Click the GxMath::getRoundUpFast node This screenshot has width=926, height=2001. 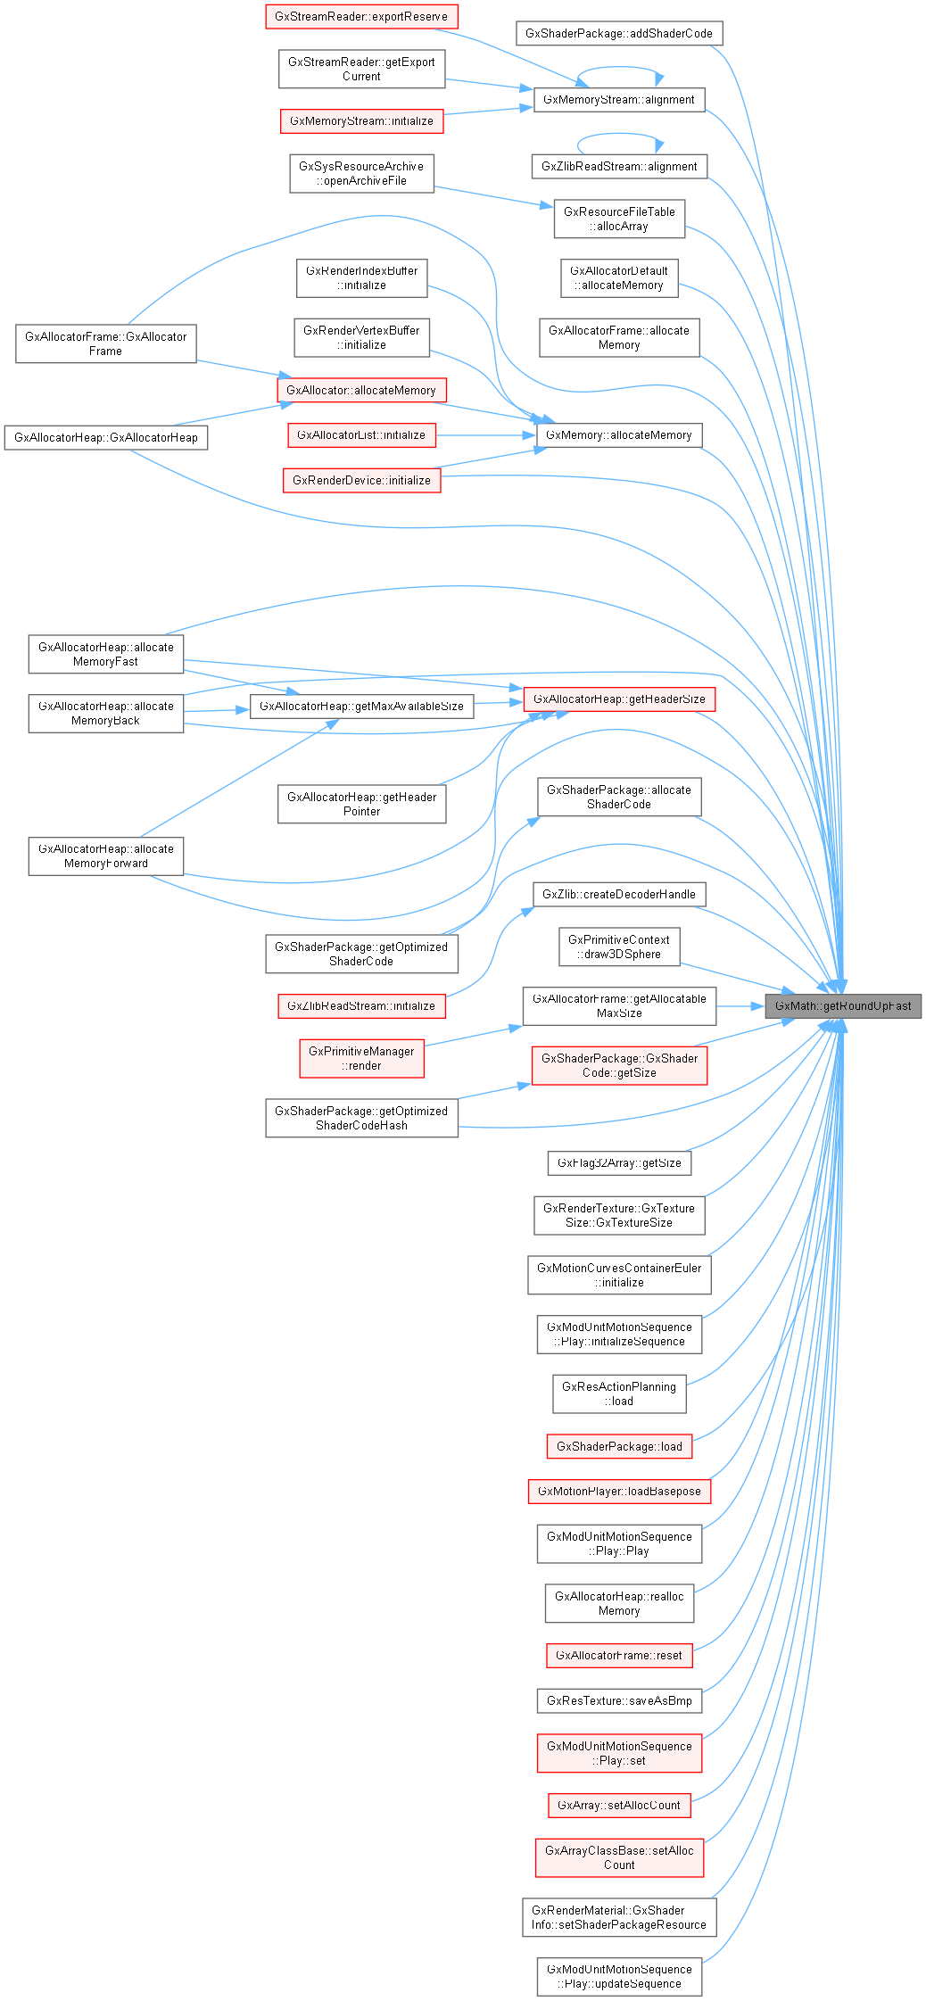842,1005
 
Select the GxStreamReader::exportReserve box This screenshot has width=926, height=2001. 361,16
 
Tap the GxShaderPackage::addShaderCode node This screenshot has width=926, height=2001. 618,33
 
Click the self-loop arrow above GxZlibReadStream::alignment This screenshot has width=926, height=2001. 620,136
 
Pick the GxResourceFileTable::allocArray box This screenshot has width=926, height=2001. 619,219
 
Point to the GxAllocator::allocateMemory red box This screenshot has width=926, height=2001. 360,390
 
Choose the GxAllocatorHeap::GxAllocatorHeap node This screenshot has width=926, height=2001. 105,437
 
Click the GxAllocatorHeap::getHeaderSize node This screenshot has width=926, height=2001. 619,699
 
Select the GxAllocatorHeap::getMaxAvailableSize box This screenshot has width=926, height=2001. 361,706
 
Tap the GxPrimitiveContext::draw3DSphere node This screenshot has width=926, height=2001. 618,947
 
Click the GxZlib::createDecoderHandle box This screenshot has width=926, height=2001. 619,894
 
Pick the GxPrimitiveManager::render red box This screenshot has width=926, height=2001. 361,1058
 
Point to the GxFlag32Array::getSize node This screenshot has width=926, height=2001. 619,1162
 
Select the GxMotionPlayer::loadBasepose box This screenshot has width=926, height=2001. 619,1491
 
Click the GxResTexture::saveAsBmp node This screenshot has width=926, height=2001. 619,1700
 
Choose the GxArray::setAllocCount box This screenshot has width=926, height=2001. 619,1805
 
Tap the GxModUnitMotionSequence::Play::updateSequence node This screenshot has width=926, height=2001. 619,1976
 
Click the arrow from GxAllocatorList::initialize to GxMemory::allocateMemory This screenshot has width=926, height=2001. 486,435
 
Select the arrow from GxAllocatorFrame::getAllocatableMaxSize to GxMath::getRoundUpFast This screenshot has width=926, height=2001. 740,1006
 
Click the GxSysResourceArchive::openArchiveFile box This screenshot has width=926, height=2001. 361,173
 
